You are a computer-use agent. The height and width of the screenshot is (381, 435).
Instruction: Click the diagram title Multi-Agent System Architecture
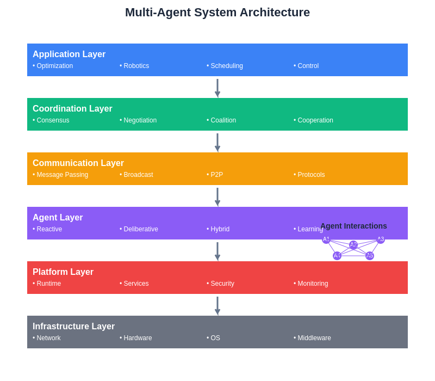(217, 13)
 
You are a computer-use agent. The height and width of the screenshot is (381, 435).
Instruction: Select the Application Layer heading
(69, 54)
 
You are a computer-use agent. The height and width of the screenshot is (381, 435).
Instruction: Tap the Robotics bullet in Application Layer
(134, 66)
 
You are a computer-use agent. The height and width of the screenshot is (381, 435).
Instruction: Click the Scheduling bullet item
(225, 66)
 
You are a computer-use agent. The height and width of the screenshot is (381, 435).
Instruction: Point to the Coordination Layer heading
(72, 109)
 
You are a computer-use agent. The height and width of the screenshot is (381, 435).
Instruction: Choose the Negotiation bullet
(138, 120)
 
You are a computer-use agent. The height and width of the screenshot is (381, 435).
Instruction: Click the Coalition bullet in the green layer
(221, 120)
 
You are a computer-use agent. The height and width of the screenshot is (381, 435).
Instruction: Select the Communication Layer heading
(78, 163)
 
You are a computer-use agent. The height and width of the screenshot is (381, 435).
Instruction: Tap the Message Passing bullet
(60, 175)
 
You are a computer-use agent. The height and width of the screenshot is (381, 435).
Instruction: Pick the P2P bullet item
(215, 175)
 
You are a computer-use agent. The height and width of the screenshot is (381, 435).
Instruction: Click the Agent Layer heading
(58, 218)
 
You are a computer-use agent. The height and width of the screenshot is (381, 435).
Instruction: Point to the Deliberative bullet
(139, 229)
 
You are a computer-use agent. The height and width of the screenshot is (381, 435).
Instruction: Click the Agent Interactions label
(353, 226)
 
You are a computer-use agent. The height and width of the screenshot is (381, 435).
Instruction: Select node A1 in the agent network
(326, 239)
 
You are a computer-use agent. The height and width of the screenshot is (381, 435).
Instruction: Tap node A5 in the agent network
(370, 256)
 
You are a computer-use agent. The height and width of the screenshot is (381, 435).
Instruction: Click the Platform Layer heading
(63, 272)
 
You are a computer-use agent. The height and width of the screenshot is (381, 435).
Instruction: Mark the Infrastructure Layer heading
(73, 327)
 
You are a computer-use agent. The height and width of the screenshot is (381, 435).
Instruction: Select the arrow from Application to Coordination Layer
(217, 87)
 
